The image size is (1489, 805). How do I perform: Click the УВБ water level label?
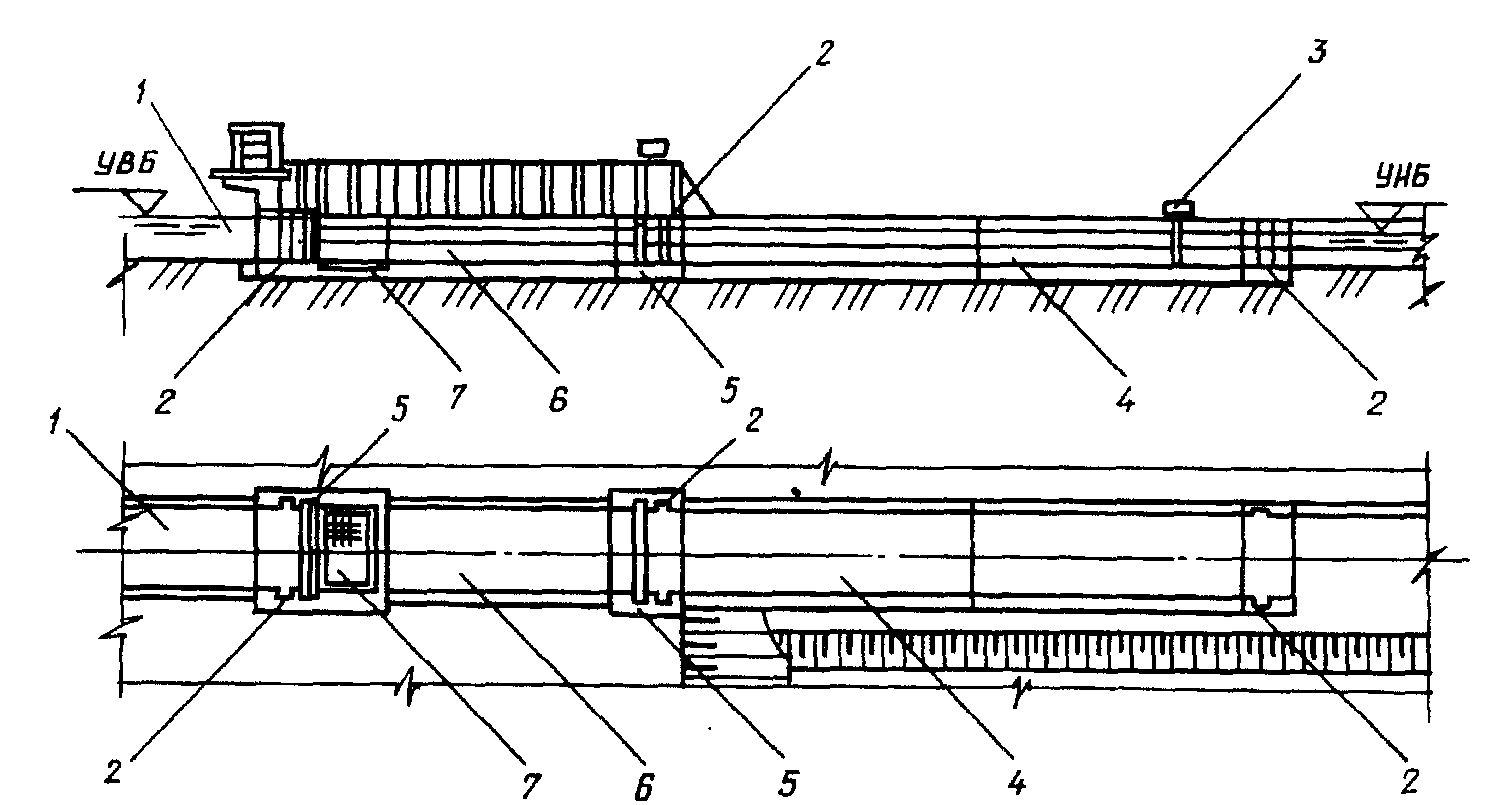click(x=125, y=164)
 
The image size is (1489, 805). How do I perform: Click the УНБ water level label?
click(x=1402, y=177)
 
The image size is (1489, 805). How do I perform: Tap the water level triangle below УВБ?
click(x=146, y=202)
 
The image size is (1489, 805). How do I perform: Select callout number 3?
click(x=1316, y=53)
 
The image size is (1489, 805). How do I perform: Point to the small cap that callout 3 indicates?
click(x=1178, y=208)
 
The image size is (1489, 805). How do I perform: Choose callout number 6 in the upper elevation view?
click(x=558, y=398)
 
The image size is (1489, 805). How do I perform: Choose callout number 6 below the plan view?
click(x=643, y=786)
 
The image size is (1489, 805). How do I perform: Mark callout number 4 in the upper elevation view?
click(x=1125, y=398)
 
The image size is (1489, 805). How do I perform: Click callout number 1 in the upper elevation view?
click(x=141, y=92)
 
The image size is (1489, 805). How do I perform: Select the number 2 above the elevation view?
click(x=822, y=53)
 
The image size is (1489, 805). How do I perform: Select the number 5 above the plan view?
click(x=398, y=409)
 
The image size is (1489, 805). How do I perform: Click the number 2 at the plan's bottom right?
click(x=1409, y=781)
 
